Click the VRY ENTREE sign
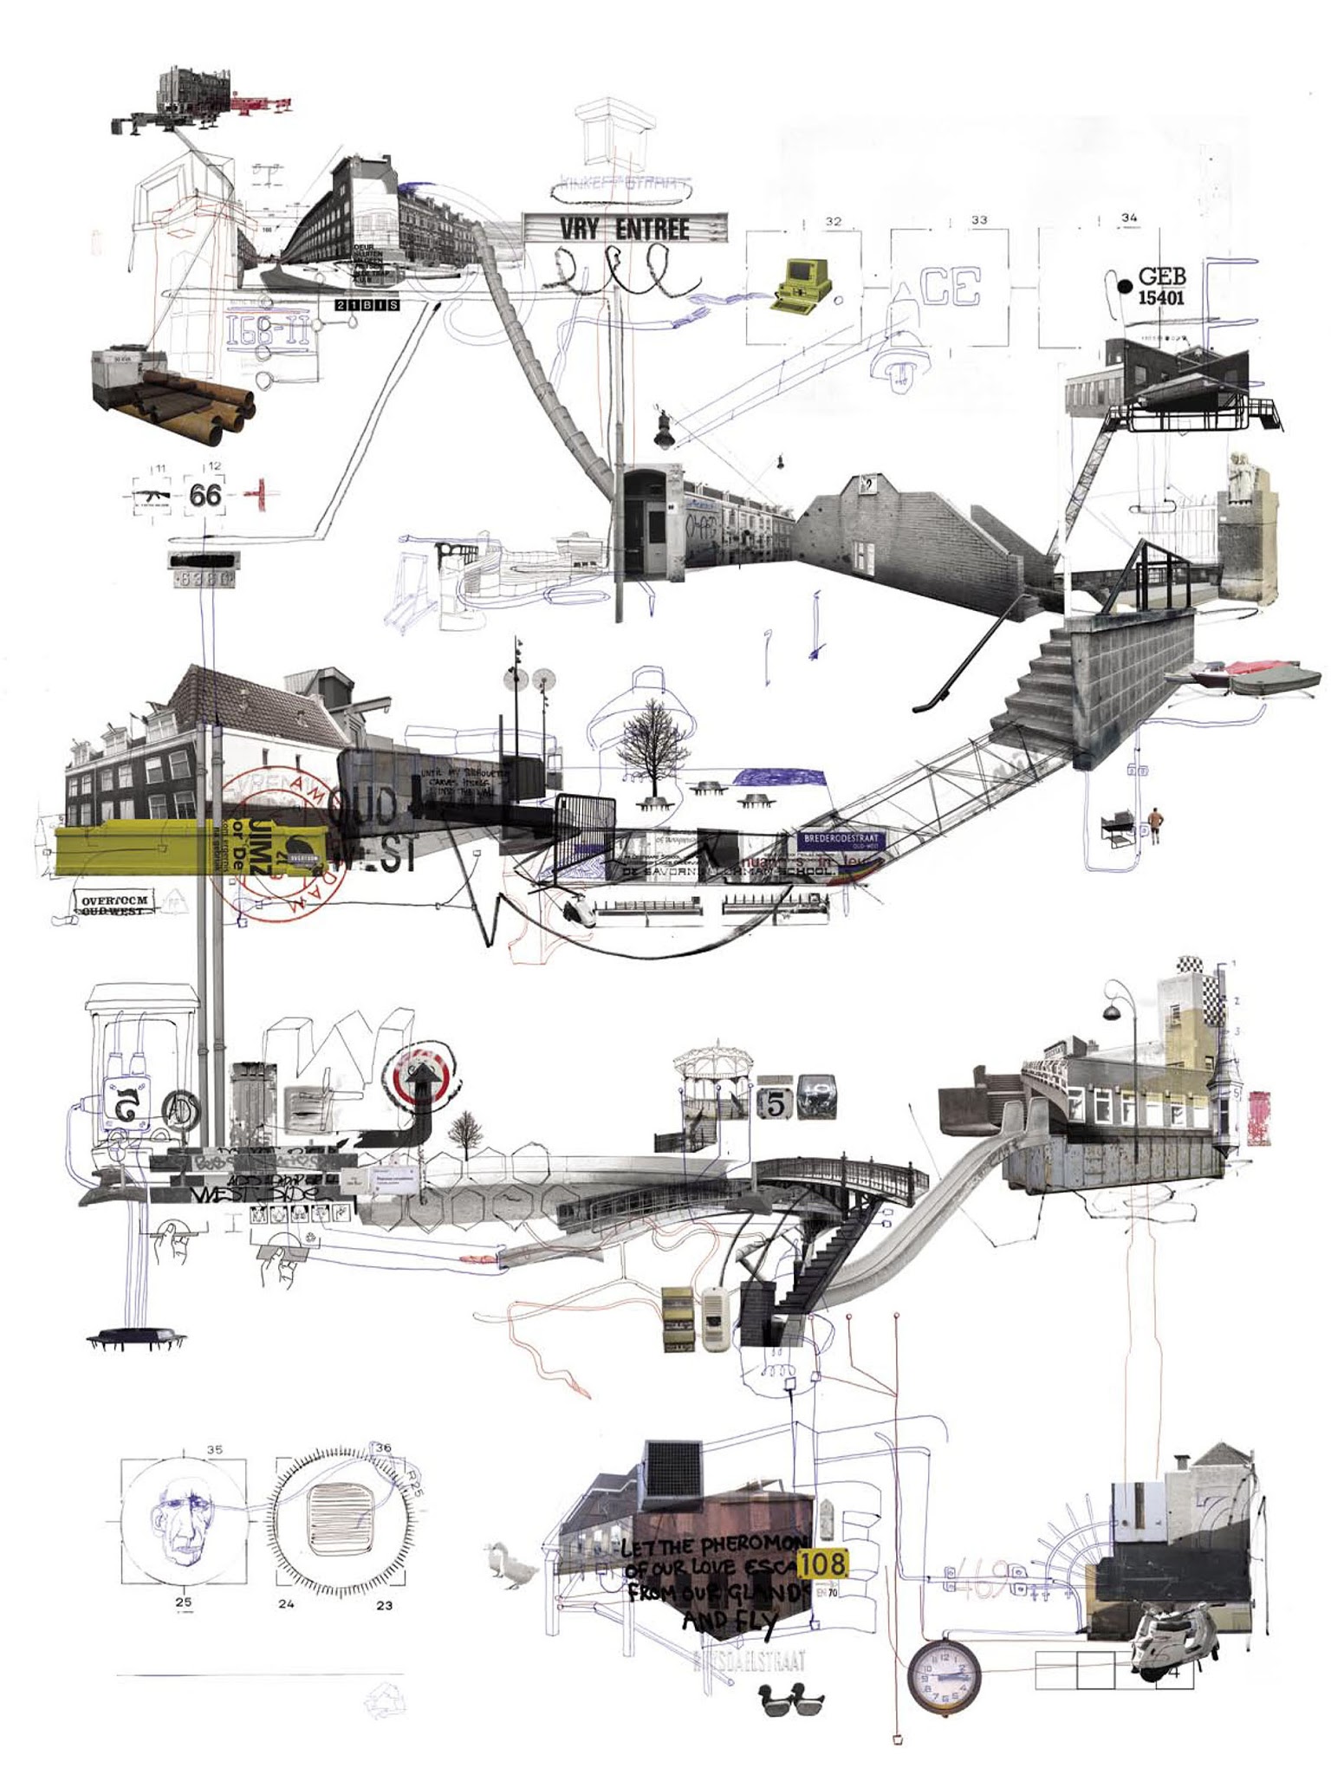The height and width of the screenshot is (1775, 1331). (x=624, y=228)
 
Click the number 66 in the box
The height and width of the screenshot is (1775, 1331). (x=205, y=495)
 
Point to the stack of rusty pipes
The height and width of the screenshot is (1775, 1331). (x=198, y=395)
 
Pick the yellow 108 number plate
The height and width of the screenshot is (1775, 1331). (x=822, y=1563)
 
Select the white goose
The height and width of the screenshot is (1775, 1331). (x=505, y=1566)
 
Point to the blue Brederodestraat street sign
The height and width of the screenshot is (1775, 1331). (x=841, y=842)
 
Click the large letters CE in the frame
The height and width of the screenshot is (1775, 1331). (x=950, y=288)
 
